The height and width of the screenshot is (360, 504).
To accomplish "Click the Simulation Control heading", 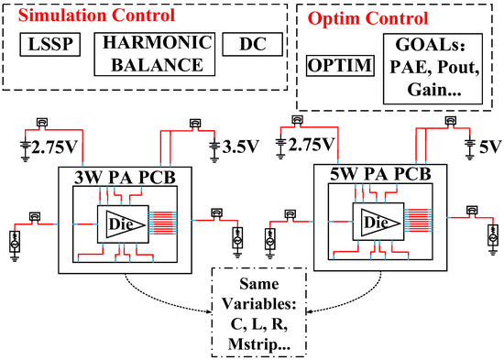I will pyautogui.click(x=85, y=16).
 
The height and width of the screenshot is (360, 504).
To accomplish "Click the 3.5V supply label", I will pyautogui.click(x=242, y=145).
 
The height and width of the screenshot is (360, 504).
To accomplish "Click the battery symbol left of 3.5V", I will pyautogui.click(x=214, y=145).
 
